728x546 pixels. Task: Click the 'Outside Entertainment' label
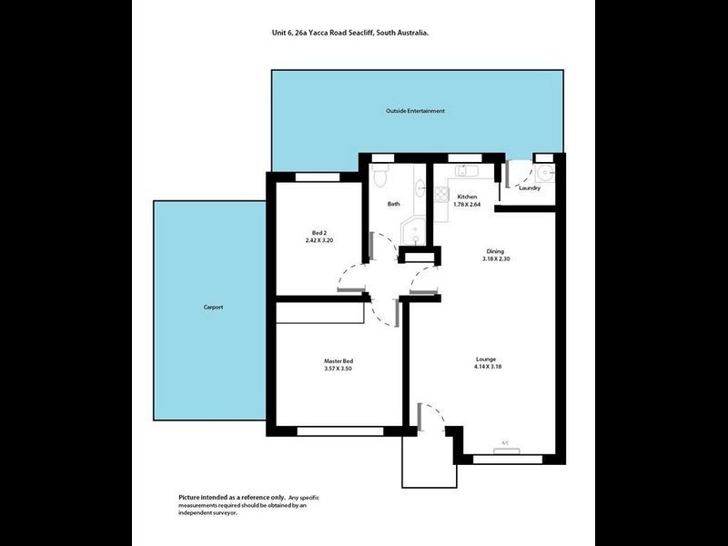[x=413, y=111]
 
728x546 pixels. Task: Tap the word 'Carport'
[x=213, y=307]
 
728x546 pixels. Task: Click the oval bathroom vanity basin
[x=420, y=188]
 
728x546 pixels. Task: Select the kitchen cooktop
[x=439, y=193]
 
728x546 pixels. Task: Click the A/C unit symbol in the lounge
[x=505, y=443]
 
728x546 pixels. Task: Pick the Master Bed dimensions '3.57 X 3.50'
[x=338, y=369]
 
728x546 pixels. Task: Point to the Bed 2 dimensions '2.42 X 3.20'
[x=319, y=240]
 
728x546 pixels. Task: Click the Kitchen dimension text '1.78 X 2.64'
[x=468, y=205]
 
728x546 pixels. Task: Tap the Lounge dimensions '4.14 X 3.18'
[x=488, y=367]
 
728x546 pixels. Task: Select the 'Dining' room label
[x=495, y=251]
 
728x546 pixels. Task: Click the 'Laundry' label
[x=530, y=188]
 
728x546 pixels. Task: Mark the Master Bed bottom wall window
[x=339, y=430]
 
